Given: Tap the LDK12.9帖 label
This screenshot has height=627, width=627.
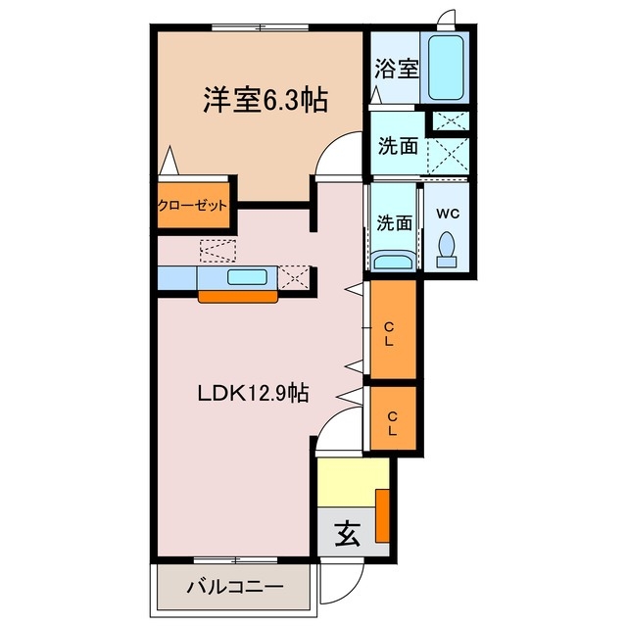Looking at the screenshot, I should tap(254, 394).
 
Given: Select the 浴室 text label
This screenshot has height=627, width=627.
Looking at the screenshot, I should tap(396, 70).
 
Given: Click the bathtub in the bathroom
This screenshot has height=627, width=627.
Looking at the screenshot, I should tap(449, 66).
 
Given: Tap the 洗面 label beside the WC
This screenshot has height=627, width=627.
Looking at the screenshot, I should tap(394, 222).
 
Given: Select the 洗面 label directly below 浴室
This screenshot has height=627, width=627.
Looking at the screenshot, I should tap(398, 146).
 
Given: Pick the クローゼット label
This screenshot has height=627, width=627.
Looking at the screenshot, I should tap(193, 206).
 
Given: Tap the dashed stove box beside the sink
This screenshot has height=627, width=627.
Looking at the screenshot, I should tap(294, 277).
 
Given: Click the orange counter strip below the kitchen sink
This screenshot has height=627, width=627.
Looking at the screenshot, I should tap(235, 297).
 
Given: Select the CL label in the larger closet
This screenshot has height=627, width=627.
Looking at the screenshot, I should tap(390, 334).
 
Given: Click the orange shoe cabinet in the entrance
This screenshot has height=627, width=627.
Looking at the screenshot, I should tap(383, 513).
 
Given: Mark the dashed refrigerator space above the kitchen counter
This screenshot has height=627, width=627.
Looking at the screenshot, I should tap(217, 251).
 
